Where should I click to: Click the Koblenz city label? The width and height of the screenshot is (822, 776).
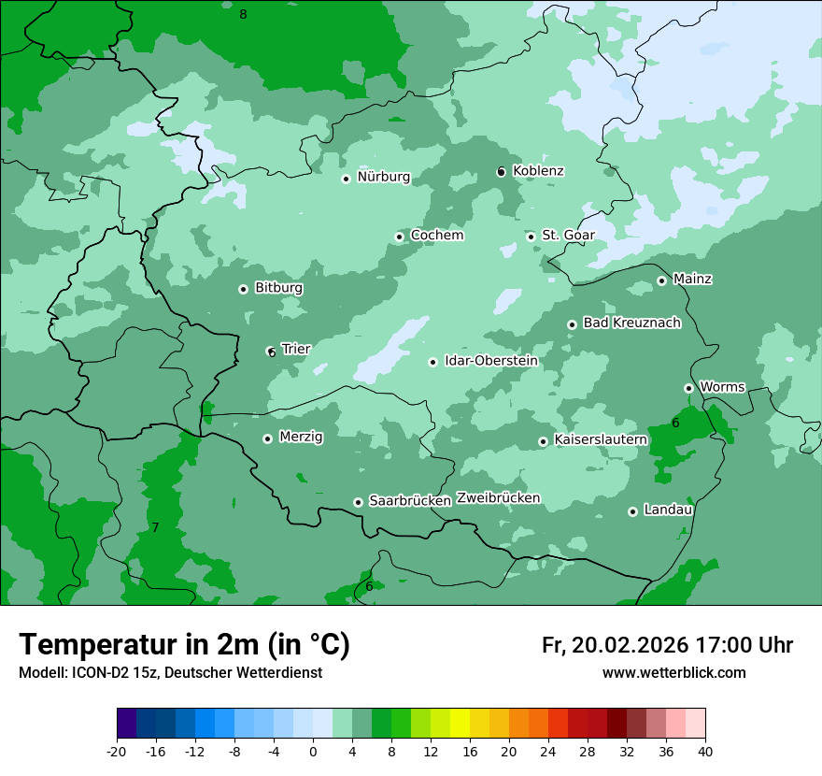(x=538, y=171)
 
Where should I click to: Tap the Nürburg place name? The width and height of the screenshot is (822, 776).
(x=383, y=177)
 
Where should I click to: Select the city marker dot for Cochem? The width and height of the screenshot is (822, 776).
(x=399, y=237)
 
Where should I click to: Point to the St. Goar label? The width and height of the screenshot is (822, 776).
(x=568, y=236)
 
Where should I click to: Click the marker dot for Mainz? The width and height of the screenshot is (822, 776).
(x=661, y=280)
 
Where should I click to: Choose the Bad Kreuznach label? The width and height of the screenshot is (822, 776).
(x=631, y=323)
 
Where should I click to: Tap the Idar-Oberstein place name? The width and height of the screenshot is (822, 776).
(x=490, y=361)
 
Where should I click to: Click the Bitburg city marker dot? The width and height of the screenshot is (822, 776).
(x=243, y=289)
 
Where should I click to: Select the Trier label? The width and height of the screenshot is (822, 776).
(x=296, y=350)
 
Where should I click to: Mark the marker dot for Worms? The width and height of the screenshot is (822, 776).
(x=688, y=388)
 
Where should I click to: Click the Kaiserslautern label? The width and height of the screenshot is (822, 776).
(x=601, y=439)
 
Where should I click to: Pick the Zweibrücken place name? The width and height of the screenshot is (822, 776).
(x=498, y=498)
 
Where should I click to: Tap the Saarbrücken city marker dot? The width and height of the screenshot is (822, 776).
(x=358, y=502)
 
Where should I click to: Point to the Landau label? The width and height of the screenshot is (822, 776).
(x=668, y=510)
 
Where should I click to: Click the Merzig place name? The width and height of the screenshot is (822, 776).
(x=301, y=438)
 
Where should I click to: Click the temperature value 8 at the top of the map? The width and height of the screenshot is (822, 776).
(x=243, y=14)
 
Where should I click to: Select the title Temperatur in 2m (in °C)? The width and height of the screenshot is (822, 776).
(x=184, y=644)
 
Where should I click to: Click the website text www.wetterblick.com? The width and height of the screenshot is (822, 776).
(x=673, y=673)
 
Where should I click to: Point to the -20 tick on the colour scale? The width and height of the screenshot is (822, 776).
(x=117, y=752)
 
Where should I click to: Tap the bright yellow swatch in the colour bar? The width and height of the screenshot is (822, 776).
(x=460, y=724)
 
